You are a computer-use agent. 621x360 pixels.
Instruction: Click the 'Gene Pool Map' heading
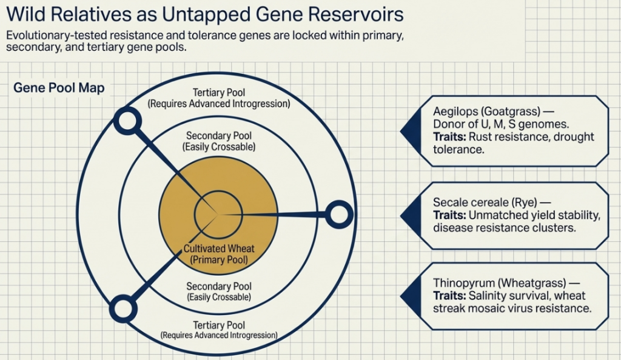pos(59,88)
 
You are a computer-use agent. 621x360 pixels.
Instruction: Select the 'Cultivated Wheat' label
pos(219,248)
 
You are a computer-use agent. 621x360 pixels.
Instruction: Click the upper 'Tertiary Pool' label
pos(218,93)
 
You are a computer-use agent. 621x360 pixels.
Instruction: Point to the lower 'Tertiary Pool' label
pos(218,325)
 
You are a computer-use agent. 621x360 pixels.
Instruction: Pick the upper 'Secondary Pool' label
pos(218,136)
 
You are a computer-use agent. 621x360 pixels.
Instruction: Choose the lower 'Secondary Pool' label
pos(218,286)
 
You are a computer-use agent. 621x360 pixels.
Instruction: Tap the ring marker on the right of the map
pos(338,214)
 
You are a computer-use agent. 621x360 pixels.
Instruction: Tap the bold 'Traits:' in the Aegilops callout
pos(449,137)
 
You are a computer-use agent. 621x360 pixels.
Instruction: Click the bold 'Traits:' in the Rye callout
pos(449,215)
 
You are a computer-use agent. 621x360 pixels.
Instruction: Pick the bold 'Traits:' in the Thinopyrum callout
pos(449,296)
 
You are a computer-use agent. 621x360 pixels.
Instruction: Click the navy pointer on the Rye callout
pos(409,216)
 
